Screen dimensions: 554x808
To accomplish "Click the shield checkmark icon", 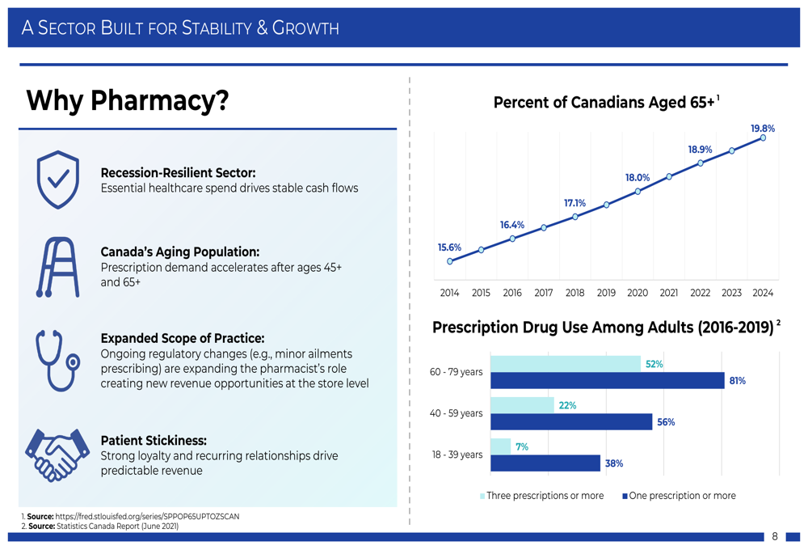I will [57, 180].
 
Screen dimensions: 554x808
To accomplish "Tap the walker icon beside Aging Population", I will [57, 267].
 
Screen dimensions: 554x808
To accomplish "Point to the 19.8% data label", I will [762, 129].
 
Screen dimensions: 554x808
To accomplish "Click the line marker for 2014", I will [450, 261].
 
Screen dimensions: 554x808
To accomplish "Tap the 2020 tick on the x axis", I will [638, 293].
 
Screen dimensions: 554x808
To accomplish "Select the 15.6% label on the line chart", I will [449, 247].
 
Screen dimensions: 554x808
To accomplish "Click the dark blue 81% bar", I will [607, 380].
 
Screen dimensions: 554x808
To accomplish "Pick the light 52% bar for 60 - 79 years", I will [565, 364].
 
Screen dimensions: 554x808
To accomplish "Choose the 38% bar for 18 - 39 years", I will [545, 463].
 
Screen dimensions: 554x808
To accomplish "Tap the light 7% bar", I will [500, 446].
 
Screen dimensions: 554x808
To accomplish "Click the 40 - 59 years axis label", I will [457, 413].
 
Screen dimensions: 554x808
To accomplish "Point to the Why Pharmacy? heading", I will [127, 101].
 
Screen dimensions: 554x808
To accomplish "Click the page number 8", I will [775, 536].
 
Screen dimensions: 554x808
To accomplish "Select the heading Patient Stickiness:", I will [154, 441].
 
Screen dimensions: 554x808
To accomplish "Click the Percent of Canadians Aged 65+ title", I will [604, 103].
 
